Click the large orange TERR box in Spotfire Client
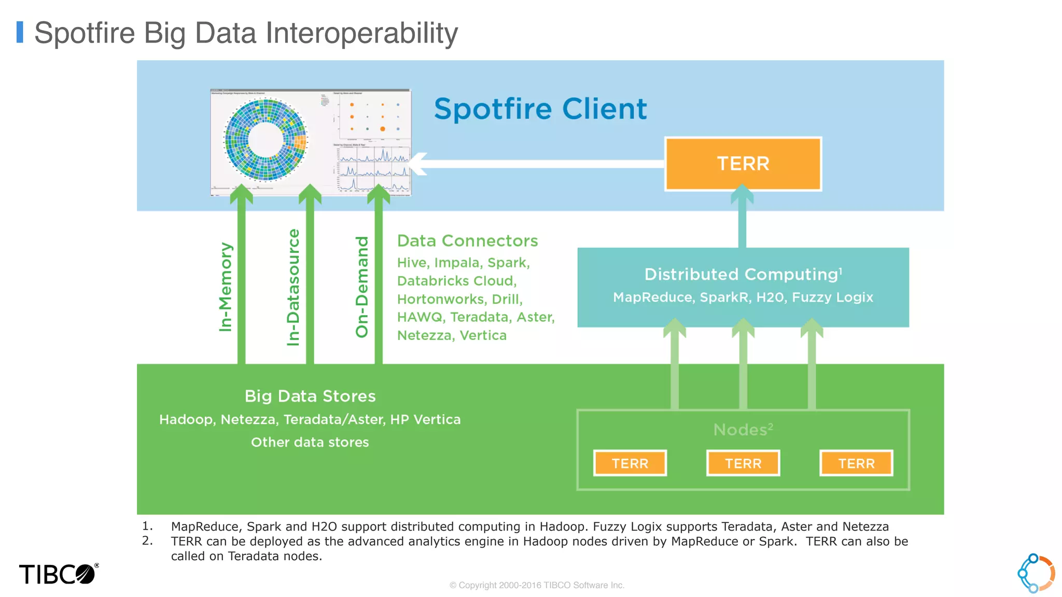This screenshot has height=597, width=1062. pyautogui.click(x=743, y=164)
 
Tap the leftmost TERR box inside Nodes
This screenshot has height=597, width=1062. pyautogui.click(x=630, y=463)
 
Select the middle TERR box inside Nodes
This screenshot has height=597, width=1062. pyautogui.click(x=743, y=463)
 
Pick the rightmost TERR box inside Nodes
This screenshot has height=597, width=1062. pyautogui.click(x=856, y=463)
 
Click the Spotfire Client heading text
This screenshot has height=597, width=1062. pyautogui.click(x=540, y=109)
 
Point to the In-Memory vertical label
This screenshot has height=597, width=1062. pyautogui.click(x=226, y=287)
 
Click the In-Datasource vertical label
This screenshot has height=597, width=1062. pyautogui.click(x=294, y=287)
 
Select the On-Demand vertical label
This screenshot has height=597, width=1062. pyautogui.click(x=362, y=287)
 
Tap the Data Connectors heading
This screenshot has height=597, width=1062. pyautogui.click(x=467, y=241)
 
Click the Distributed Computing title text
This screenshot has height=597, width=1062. pyautogui.click(x=742, y=274)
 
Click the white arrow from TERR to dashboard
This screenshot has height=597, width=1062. pyautogui.click(x=539, y=164)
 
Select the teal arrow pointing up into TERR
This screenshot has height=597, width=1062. pyautogui.click(x=742, y=218)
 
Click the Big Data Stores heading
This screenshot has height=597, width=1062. pyautogui.click(x=310, y=396)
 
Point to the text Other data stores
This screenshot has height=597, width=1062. pyautogui.click(x=310, y=442)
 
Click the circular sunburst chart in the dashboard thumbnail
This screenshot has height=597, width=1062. pyautogui.click(x=265, y=140)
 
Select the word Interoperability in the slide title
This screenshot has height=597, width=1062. pyautogui.click(x=361, y=33)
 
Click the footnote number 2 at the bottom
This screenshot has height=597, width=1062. pyautogui.click(x=147, y=541)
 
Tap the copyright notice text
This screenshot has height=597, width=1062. pyautogui.click(x=537, y=585)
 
